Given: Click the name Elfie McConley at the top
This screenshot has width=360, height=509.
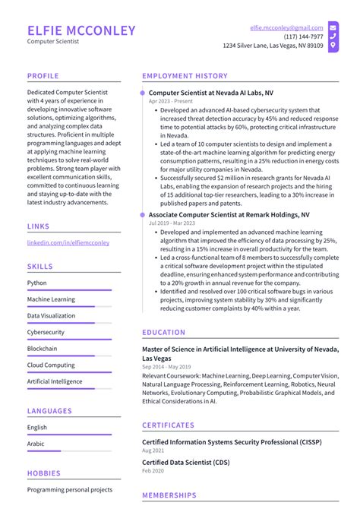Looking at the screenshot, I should pyautogui.click(x=81, y=31).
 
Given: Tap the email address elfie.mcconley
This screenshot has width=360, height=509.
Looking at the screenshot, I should pyautogui.click(x=286, y=27).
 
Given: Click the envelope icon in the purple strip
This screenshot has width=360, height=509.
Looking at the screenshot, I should pyautogui.click(x=333, y=27).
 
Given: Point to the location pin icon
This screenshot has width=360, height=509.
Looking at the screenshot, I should pyautogui.click(x=333, y=46).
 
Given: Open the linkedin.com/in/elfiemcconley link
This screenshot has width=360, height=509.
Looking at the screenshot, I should pyautogui.click(x=68, y=242).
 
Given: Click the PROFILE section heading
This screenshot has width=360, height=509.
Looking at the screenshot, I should pyautogui.click(x=44, y=76).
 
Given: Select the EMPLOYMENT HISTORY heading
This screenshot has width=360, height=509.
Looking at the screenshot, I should pyautogui.click(x=185, y=76).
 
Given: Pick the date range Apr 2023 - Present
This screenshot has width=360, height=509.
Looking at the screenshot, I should pyautogui.click(x=170, y=101).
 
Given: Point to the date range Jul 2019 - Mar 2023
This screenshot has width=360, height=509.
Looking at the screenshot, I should pyautogui.click(x=171, y=224).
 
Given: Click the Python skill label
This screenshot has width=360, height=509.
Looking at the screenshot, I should pyautogui.click(x=37, y=283).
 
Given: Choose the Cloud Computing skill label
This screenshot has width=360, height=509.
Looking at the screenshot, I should pyautogui.click(x=51, y=365).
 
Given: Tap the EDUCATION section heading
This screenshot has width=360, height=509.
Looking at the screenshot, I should pyautogui.click(x=163, y=332).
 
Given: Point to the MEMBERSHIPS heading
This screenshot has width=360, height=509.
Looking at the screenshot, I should pyautogui.click(x=169, y=495).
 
